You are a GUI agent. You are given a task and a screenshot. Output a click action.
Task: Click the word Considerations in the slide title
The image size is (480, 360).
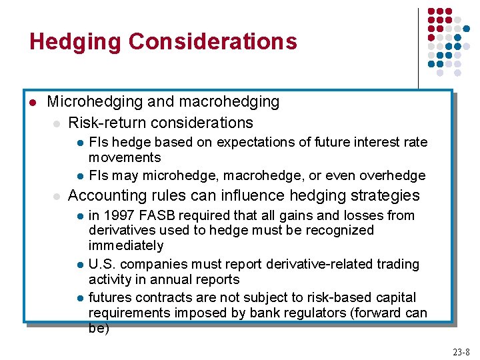point(213,41)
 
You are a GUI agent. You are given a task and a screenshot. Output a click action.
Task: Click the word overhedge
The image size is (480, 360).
point(392,175)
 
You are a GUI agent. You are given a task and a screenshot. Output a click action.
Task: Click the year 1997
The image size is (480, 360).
point(117,215)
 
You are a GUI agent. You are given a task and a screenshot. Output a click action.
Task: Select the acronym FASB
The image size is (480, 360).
point(154,215)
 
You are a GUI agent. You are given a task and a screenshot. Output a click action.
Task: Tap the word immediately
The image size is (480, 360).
point(126,245)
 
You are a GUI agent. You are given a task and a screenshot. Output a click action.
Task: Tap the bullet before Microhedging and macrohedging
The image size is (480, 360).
point(32,102)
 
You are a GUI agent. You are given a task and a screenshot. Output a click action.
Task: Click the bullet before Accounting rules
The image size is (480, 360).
point(57,196)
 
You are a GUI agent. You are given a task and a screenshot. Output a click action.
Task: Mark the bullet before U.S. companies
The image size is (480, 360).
point(79,265)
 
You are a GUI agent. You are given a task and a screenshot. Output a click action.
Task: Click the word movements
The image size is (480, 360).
point(125,157)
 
